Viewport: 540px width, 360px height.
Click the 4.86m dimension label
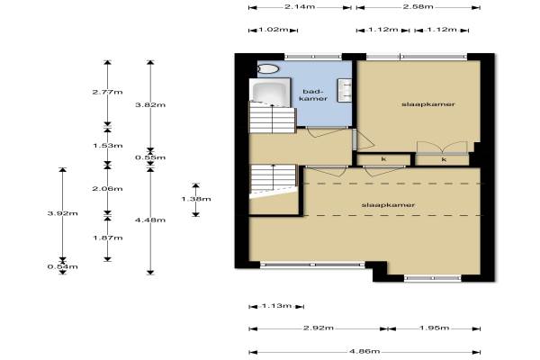(364, 351)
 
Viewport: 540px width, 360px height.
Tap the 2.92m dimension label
(319, 328)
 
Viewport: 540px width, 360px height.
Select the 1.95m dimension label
(435, 328)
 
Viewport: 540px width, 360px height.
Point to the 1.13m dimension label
(276, 306)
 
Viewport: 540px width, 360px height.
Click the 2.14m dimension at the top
(300, 7)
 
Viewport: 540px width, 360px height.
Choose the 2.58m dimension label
(418, 7)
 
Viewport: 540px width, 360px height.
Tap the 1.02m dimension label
(274, 30)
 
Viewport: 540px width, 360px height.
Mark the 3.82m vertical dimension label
(150, 104)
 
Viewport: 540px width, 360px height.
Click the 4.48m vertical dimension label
(150, 220)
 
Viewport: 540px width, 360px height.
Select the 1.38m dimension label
(196, 199)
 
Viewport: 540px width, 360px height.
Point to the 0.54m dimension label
(63, 266)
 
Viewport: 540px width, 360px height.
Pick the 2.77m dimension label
(107, 92)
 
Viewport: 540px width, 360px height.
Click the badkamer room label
(313, 95)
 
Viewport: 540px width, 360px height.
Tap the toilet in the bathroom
(268, 69)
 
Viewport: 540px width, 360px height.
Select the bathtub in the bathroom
(270, 91)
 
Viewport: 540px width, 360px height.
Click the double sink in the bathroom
(345, 91)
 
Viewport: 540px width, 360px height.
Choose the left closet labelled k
(383, 159)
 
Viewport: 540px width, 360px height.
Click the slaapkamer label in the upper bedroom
(428, 104)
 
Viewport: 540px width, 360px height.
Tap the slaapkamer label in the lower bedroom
(388, 205)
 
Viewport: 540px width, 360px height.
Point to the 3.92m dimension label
(63, 213)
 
